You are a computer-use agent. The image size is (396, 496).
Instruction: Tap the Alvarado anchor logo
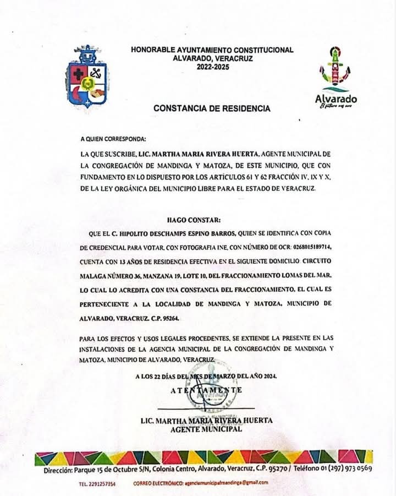[335, 69]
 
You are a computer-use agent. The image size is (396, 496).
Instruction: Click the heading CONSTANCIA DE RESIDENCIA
[212, 108]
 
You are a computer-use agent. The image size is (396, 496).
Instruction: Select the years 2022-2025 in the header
[212, 67]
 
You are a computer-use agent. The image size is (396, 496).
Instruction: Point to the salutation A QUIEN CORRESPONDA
[113, 140]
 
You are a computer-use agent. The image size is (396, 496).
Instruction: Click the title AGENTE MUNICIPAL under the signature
[206, 429]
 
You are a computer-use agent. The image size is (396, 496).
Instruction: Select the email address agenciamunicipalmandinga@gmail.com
[226, 483]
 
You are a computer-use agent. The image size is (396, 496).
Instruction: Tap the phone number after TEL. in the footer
[105, 483]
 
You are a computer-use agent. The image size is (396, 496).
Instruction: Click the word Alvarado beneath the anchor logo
[335, 99]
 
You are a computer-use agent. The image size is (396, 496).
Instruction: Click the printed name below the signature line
[206, 421]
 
